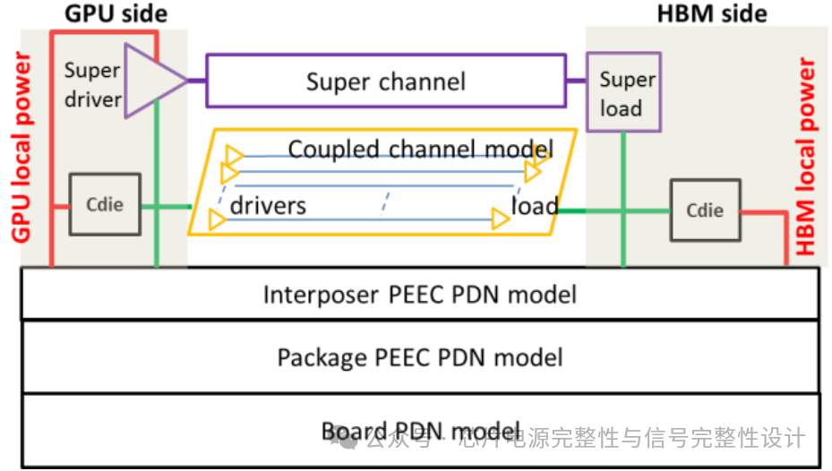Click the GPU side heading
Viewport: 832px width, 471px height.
coord(116,13)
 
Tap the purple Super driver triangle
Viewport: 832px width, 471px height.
coord(149,81)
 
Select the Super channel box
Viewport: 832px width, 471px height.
coord(385,82)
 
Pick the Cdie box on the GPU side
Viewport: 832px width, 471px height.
coord(105,205)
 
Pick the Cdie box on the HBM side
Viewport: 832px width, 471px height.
coord(705,210)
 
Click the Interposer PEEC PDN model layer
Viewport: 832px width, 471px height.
coord(419,295)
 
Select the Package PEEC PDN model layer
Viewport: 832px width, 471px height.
coord(419,358)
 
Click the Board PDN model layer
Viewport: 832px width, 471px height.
coord(419,431)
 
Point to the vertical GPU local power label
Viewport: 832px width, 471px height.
coord(21,149)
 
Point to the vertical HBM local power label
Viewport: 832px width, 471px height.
coord(808,157)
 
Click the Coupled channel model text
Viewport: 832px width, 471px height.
coord(420,148)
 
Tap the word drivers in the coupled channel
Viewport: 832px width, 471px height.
coord(268,205)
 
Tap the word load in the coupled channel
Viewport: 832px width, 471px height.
coord(534,206)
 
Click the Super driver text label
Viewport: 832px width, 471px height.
coord(92,85)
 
